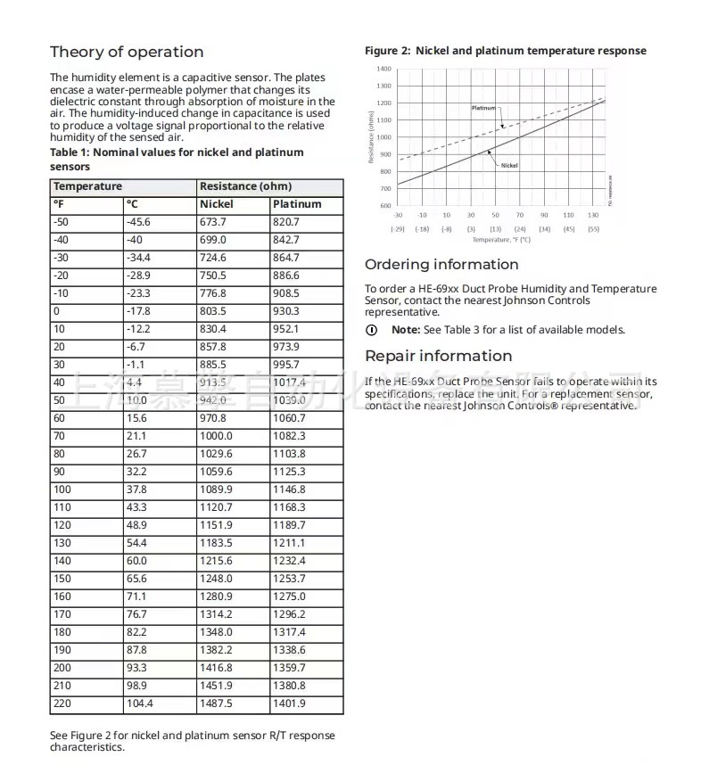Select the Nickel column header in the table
click(216, 204)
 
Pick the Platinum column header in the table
click(296, 204)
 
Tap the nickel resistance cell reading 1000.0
click(216, 436)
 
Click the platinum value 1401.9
click(289, 703)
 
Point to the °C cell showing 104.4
click(141, 703)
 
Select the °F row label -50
click(61, 222)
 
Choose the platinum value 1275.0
click(289, 596)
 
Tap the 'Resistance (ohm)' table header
click(245, 186)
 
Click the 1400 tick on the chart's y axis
click(383, 69)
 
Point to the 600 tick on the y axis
click(385, 206)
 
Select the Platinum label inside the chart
click(482, 108)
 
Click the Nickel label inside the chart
click(509, 165)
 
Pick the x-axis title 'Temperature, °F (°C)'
click(500, 239)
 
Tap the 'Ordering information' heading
click(441, 265)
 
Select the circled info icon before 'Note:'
click(372, 330)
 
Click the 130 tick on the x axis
click(592, 215)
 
